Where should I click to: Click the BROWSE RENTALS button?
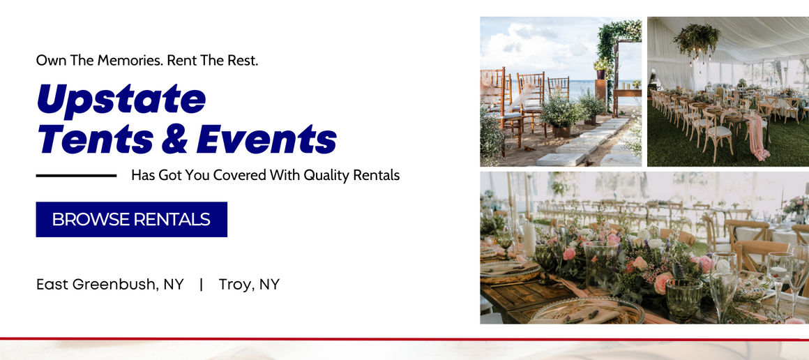click(x=131, y=219)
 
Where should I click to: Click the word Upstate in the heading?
click(x=121, y=98)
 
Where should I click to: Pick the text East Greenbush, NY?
click(x=110, y=284)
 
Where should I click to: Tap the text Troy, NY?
click(x=249, y=284)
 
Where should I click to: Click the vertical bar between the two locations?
click(x=201, y=284)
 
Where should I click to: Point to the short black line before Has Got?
click(x=76, y=175)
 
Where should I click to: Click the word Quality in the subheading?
click(x=328, y=175)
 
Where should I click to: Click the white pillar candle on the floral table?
click(x=529, y=237)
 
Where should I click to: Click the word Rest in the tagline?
click(x=243, y=61)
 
